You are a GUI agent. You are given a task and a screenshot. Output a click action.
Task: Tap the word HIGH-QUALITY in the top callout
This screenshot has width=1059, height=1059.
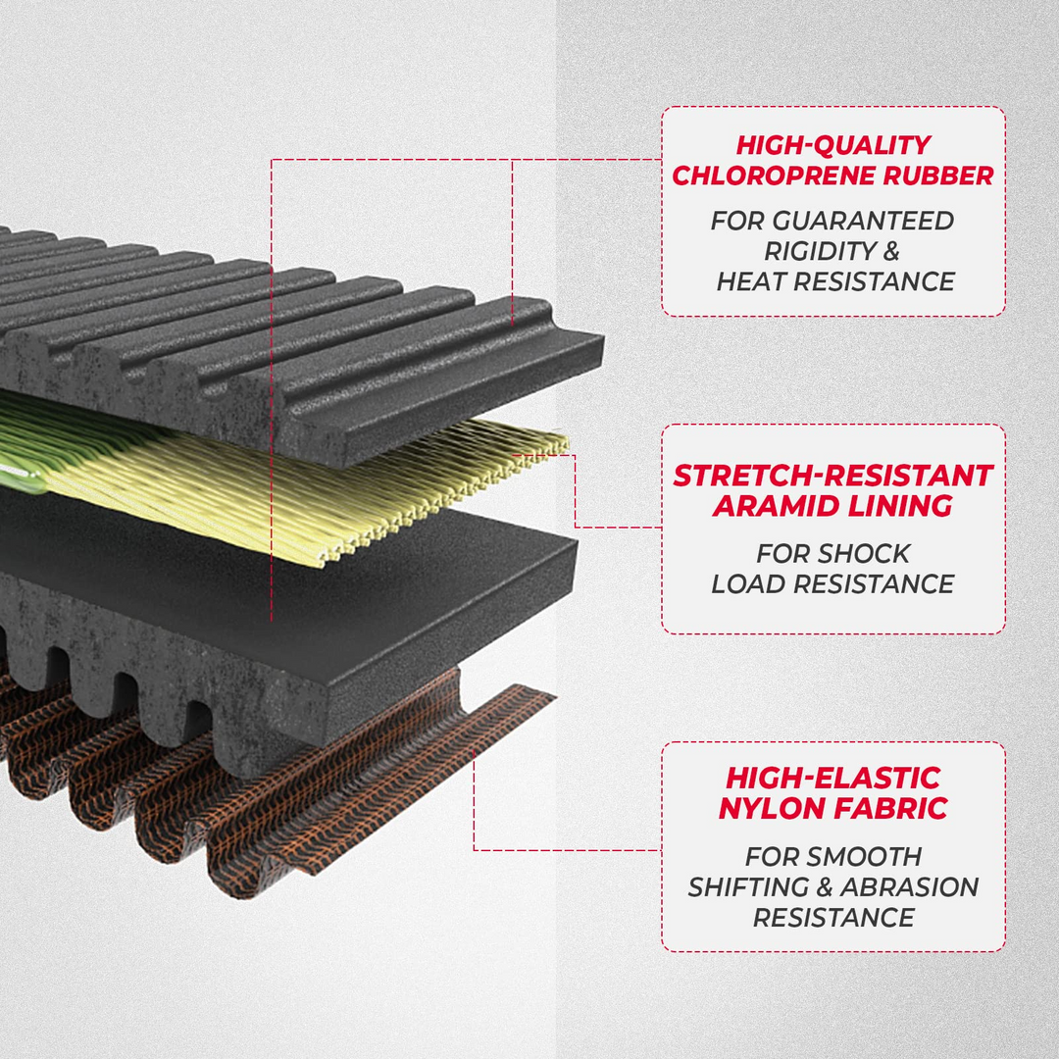pos(832,146)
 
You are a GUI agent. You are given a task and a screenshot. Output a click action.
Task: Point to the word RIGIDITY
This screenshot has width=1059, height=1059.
pos(817,251)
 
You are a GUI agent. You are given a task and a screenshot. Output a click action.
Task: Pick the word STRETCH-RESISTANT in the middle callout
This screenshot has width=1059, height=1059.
pos(832,477)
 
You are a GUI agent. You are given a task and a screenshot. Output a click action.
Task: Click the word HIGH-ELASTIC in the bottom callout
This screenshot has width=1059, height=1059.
pos(832,780)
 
